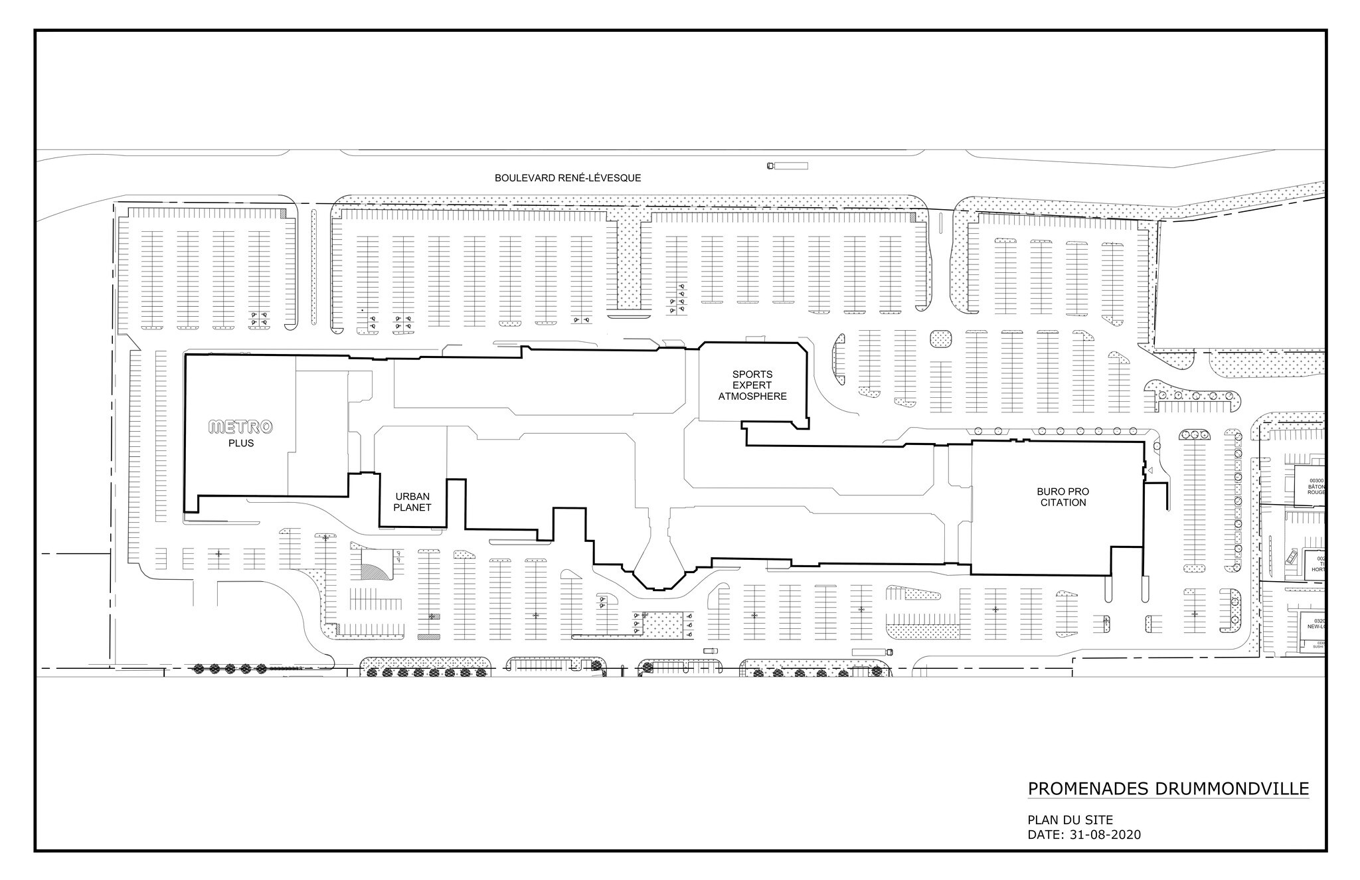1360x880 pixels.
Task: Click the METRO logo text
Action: pyautogui.click(x=240, y=427)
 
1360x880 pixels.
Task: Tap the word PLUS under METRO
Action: pyautogui.click(x=240, y=443)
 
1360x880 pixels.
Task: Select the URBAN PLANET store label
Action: pyautogui.click(x=412, y=502)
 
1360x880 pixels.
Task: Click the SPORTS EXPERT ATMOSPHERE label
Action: pyautogui.click(x=752, y=385)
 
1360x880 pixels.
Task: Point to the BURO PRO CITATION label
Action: pyautogui.click(x=1062, y=497)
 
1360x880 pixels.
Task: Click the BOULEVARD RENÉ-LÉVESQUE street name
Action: pyautogui.click(x=568, y=178)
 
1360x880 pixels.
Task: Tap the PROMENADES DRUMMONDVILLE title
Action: pyautogui.click(x=1168, y=788)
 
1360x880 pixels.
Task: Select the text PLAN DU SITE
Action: pyautogui.click(x=1070, y=820)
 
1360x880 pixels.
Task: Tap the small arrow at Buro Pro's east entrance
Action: pyautogui.click(x=1149, y=471)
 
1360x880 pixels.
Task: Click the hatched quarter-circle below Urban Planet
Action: pyautogui.click(x=371, y=569)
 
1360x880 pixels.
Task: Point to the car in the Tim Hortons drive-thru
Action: pyautogui.click(x=1291, y=555)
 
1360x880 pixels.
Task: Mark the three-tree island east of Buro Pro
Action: pyautogui.click(x=1194, y=434)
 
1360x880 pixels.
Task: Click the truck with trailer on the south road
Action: pyautogui.click(x=872, y=652)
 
